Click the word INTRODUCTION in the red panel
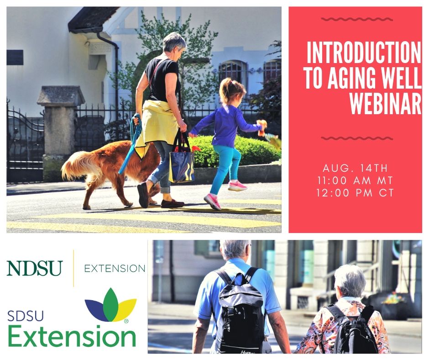click(x=364, y=53)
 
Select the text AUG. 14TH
click(x=355, y=168)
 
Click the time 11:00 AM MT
click(x=355, y=180)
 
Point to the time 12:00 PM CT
click(x=355, y=193)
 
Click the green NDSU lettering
click(x=35, y=268)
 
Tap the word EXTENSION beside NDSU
click(x=115, y=269)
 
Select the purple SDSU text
click(x=26, y=316)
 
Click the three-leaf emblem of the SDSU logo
click(x=110, y=305)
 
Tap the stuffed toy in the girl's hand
click(x=262, y=127)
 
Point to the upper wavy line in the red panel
click(x=357, y=19)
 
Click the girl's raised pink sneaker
click(x=237, y=186)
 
